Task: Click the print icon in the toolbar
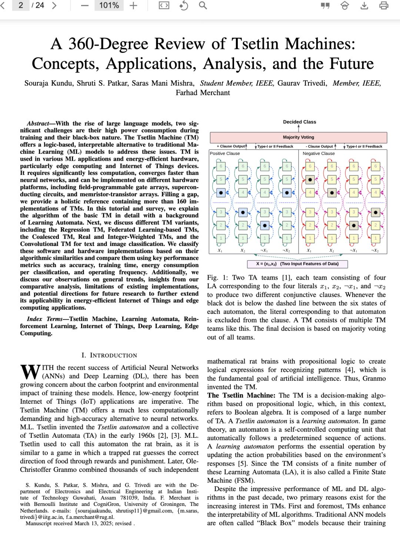coord(384,6)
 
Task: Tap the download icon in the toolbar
coord(364,6)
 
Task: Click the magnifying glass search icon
coord(203,6)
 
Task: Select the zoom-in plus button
coord(133,6)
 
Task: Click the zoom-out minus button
coord(85,6)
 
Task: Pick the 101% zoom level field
coord(109,6)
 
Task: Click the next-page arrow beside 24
coord(54,6)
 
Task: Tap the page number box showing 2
coord(21,6)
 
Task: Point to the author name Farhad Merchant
coord(203,93)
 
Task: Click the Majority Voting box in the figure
coord(298,137)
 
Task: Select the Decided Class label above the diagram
coord(299,122)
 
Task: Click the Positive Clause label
coord(225,153)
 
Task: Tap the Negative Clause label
coord(319,153)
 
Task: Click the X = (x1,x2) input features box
coord(297,264)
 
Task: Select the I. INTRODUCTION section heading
coord(109,355)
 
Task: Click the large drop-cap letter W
coord(30,372)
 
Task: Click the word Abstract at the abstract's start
coord(38,123)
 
